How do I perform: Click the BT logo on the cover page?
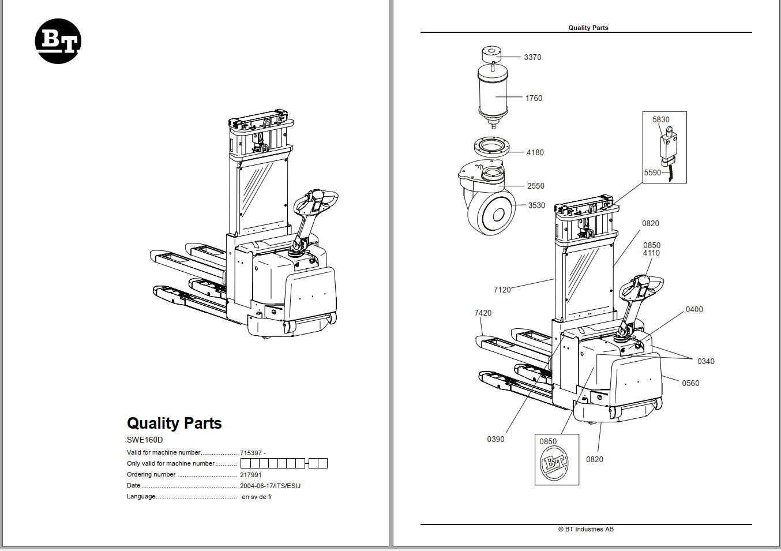(x=58, y=41)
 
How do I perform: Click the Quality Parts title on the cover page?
(x=174, y=423)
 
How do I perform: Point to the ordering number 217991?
(x=250, y=475)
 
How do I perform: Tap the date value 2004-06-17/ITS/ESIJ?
(x=270, y=486)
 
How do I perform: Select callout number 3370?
(x=532, y=57)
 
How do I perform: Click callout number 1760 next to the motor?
(x=534, y=98)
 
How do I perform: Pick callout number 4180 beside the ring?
(x=535, y=152)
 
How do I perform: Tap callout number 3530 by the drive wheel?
(x=536, y=205)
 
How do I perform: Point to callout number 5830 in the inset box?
(x=661, y=119)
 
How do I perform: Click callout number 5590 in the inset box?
(x=652, y=173)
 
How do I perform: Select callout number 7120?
(x=502, y=290)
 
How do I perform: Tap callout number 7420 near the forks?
(x=483, y=313)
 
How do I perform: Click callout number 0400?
(x=694, y=309)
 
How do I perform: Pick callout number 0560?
(x=690, y=383)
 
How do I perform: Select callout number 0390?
(x=495, y=439)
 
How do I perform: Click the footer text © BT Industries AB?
(x=585, y=529)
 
